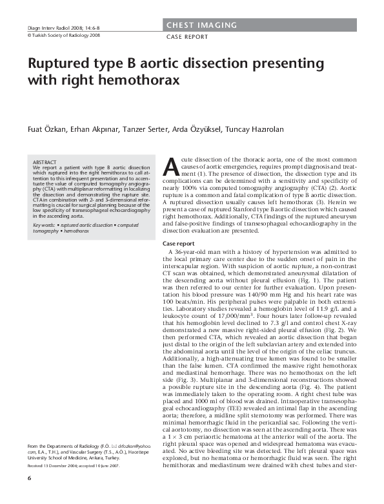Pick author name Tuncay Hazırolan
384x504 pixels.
(x=254, y=129)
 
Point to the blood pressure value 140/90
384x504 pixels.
(x=259, y=292)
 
